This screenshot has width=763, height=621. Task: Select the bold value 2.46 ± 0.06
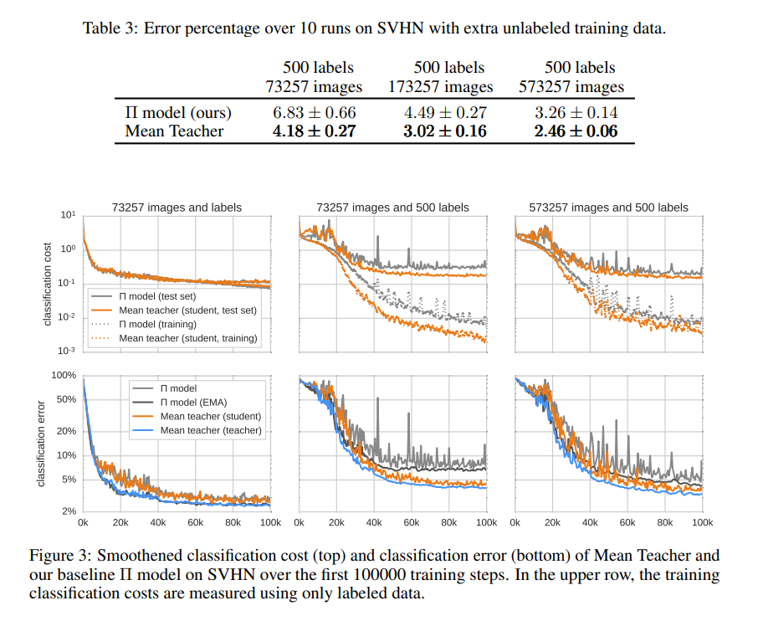[576, 131]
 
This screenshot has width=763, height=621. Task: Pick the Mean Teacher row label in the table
[174, 131]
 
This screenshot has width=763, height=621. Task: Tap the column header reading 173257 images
[441, 86]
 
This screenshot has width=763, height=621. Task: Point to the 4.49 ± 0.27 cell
[442, 112]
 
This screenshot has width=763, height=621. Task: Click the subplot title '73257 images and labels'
[177, 208]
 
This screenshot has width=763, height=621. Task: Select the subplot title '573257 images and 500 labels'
[609, 208]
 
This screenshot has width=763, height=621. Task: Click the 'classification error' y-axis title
[40, 444]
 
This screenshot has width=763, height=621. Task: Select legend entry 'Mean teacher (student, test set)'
[187, 310]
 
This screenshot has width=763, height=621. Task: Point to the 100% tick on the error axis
[64, 376]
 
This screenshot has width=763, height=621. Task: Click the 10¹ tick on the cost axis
[69, 215]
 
